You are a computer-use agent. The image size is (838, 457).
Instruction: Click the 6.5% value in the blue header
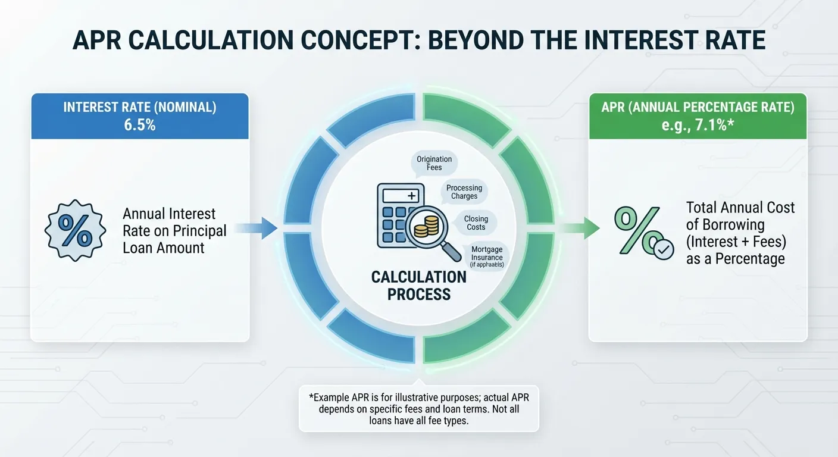point(139,125)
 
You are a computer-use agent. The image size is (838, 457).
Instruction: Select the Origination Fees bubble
point(434,163)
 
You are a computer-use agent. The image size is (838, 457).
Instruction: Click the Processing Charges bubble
point(464,192)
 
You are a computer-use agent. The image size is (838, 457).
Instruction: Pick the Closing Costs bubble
point(476,223)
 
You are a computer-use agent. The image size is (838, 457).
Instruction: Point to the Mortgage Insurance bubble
point(486,256)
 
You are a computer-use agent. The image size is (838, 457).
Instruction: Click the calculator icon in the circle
point(398,215)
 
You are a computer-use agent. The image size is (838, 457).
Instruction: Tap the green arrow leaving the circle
point(580,228)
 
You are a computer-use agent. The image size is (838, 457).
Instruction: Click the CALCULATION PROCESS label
point(418,285)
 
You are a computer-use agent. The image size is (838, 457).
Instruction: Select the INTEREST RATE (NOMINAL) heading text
point(139,108)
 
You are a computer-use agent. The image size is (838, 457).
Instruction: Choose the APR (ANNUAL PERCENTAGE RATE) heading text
point(698,108)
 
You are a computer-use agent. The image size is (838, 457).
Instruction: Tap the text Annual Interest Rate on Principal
point(174,231)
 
